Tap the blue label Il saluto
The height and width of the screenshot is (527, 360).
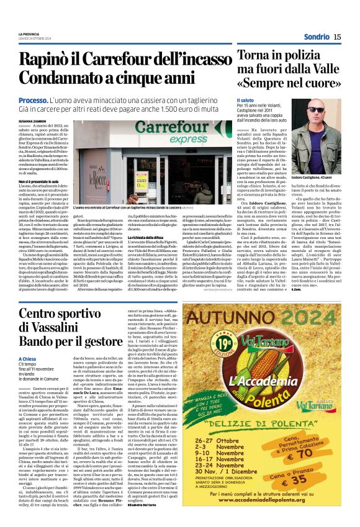pyautogui.click(x=246, y=99)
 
